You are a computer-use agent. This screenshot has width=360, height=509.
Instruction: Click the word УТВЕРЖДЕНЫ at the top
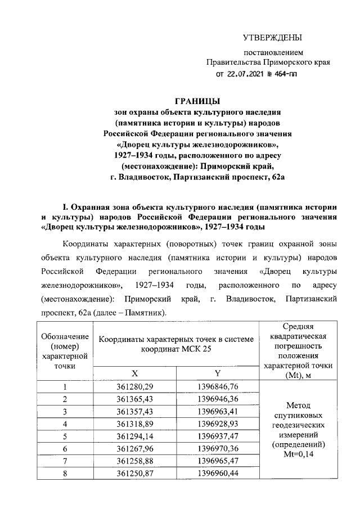click(272, 38)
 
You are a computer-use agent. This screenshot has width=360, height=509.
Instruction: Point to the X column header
click(134, 373)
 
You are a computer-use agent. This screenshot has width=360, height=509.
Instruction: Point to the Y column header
click(217, 373)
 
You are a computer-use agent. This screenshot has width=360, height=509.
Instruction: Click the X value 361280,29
click(135, 386)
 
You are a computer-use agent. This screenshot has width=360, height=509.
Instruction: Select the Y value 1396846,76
click(218, 386)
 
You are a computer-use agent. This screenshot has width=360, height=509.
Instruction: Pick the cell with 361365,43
click(135, 399)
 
